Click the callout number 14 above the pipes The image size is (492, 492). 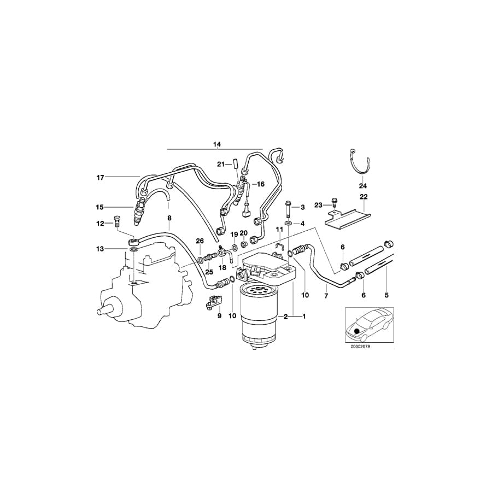[x=217, y=144]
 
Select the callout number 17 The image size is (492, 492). [x=100, y=177]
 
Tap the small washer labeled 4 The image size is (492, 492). [x=288, y=224]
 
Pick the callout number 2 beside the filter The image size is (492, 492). [x=285, y=317]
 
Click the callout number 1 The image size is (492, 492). [x=304, y=317]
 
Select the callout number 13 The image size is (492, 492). [x=100, y=249]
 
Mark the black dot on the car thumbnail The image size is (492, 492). [x=358, y=330]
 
